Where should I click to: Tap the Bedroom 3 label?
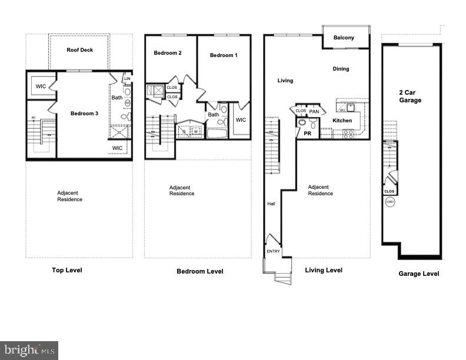[x=84, y=114]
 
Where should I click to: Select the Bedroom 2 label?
[x=168, y=53]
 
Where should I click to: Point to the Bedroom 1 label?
[x=224, y=55]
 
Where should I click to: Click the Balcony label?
[x=344, y=38]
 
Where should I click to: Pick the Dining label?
[x=341, y=69]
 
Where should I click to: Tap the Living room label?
[x=285, y=81]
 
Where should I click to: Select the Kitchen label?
[x=342, y=121]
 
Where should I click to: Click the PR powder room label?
[x=307, y=134]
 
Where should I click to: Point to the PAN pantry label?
[x=314, y=111]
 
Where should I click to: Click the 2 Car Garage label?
[x=410, y=96]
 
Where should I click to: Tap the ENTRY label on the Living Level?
[x=274, y=251]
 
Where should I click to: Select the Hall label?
[x=271, y=204]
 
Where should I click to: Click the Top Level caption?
[x=66, y=270]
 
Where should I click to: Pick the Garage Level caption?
[x=418, y=274]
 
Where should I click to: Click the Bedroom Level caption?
[x=200, y=271]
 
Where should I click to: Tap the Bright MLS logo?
[x=29, y=350]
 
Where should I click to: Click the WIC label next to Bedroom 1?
[x=241, y=120]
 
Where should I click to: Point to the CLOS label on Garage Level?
[x=389, y=191]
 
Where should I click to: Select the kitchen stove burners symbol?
[x=348, y=133]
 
